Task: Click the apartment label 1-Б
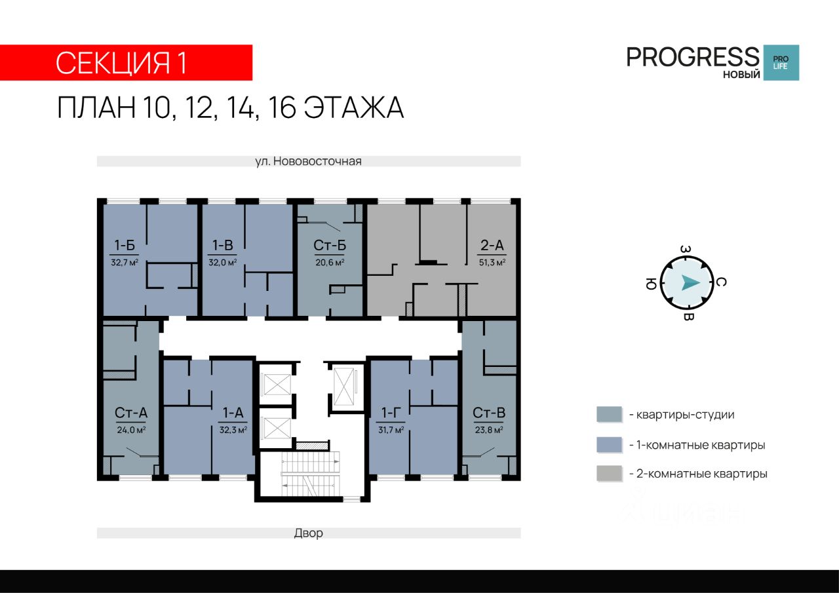click(x=125, y=246)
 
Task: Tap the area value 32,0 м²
click(x=222, y=263)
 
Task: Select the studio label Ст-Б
click(x=330, y=246)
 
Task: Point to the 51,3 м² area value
click(x=492, y=263)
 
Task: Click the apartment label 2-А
click(x=492, y=246)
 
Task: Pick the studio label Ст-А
click(x=131, y=413)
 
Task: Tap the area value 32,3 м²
click(x=233, y=430)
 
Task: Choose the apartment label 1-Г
click(x=391, y=413)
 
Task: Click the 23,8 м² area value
click(x=489, y=430)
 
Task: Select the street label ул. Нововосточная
click(x=308, y=161)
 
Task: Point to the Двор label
click(x=308, y=533)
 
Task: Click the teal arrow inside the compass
click(x=690, y=282)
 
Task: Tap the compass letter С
click(x=721, y=282)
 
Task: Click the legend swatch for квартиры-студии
click(x=610, y=414)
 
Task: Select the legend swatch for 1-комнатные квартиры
click(x=610, y=445)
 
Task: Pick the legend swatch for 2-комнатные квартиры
click(x=610, y=474)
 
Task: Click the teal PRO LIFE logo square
click(x=781, y=62)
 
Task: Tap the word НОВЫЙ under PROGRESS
click(x=741, y=75)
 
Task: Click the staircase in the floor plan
click(x=311, y=474)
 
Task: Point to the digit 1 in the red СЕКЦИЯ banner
click(x=182, y=62)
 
